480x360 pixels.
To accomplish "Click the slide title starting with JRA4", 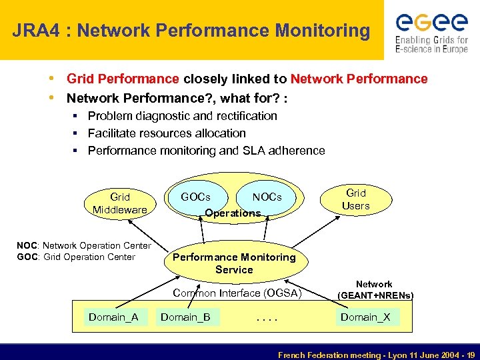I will (191, 31).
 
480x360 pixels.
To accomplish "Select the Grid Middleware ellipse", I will (120, 203).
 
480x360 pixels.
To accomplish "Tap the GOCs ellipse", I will (195, 197).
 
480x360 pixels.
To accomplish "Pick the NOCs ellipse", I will (267, 197).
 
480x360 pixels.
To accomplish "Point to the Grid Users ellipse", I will (355, 199).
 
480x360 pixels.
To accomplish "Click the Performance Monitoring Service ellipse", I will (234, 263).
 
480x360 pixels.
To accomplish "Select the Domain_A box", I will (113, 317).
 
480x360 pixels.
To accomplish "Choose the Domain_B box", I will (185, 317).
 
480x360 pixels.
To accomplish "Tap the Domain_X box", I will (365, 317).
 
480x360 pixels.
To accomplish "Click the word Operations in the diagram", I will (233, 213).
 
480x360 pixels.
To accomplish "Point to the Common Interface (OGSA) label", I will (237, 293).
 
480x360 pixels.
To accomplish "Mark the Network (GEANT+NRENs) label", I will (375, 289).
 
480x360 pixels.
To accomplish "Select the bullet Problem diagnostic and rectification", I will (182, 116).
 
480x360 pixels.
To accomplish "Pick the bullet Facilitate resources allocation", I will (167, 133).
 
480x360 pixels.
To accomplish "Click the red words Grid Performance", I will (123, 79).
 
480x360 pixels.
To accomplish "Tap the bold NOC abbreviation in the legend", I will (27, 246).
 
